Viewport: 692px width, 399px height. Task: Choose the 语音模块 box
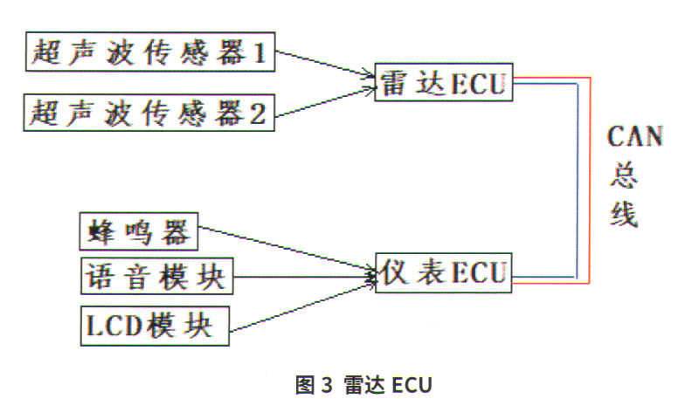point(156,278)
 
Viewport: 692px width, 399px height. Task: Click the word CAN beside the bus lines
point(635,138)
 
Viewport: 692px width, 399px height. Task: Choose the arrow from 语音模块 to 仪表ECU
point(301,278)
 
